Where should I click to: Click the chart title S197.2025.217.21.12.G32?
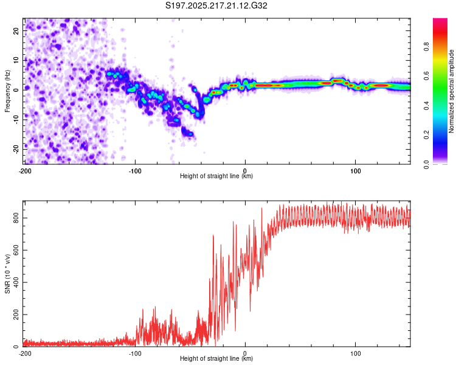(216, 5)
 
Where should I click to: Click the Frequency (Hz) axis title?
(7, 91)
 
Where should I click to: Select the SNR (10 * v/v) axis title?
(7, 274)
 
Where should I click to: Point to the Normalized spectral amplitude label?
(451, 91)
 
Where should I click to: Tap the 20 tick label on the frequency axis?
(16, 30)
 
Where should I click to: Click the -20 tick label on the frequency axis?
(16, 150)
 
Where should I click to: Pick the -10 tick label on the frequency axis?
(16, 120)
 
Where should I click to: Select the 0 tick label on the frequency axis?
(16, 90)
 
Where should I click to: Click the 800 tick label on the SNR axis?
(16, 218)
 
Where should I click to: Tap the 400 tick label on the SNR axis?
(16, 282)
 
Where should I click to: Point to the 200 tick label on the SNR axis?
(16, 315)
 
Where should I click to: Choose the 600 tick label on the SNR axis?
(16, 250)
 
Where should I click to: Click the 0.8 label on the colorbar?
(426, 47)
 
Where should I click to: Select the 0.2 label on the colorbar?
(426, 135)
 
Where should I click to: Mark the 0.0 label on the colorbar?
(426, 165)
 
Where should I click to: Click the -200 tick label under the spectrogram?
(25, 171)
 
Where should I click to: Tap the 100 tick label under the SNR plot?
(356, 353)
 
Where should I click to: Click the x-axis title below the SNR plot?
(216, 358)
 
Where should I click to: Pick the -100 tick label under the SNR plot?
(135, 353)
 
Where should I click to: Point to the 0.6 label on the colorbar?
(426, 76)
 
